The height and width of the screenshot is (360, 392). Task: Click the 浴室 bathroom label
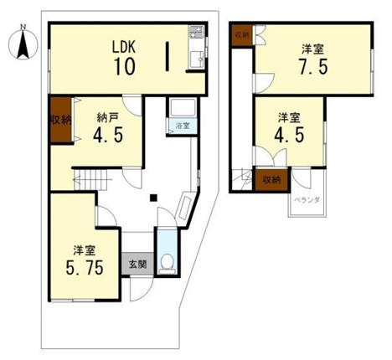[x=181, y=126]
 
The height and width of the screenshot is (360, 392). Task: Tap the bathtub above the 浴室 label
[x=181, y=109]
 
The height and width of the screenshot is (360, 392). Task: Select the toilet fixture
[x=168, y=263]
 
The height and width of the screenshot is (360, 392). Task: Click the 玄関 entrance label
[x=136, y=263]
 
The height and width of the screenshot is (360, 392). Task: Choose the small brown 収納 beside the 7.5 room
[x=242, y=35]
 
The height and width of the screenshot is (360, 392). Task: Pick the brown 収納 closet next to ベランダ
[x=271, y=179]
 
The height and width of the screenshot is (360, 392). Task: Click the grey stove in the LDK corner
[x=196, y=36]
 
